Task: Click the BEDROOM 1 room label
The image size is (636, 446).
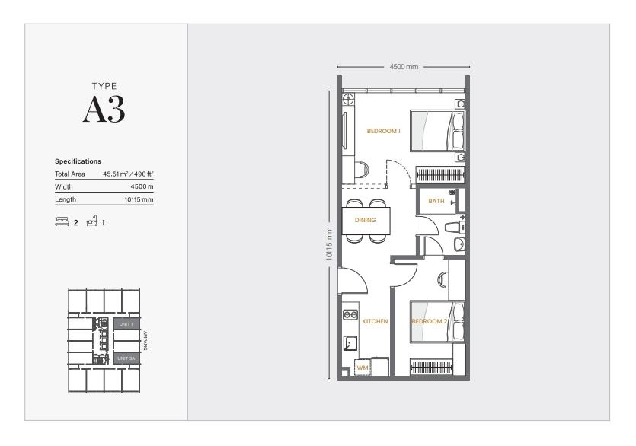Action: pyautogui.click(x=383, y=131)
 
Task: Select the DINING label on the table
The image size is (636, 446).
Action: pyautogui.click(x=365, y=221)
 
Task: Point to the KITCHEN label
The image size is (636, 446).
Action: pyautogui.click(x=375, y=321)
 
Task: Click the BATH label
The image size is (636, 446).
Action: pyautogui.click(x=436, y=202)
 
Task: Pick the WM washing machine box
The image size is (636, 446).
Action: pyautogui.click(x=363, y=368)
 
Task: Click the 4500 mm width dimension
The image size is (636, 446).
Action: pyautogui.click(x=404, y=67)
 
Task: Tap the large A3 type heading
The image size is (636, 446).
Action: pyautogui.click(x=104, y=110)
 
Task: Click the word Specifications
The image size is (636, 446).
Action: pyautogui.click(x=78, y=161)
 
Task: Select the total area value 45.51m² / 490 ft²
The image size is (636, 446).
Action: pyautogui.click(x=128, y=174)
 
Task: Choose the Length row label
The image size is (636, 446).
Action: pyautogui.click(x=66, y=200)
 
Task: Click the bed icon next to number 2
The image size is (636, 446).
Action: pyautogui.click(x=62, y=223)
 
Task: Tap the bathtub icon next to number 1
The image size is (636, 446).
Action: pyautogui.click(x=91, y=222)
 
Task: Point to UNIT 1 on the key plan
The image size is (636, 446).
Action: pyautogui.click(x=126, y=324)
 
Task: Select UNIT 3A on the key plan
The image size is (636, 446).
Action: pyautogui.click(x=126, y=358)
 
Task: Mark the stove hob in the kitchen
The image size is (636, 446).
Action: pyautogui.click(x=350, y=313)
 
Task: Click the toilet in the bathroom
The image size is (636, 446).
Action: pyautogui.click(x=454, y=226)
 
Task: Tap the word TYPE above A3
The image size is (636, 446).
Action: pyautogui.click(x=104, y=87)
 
